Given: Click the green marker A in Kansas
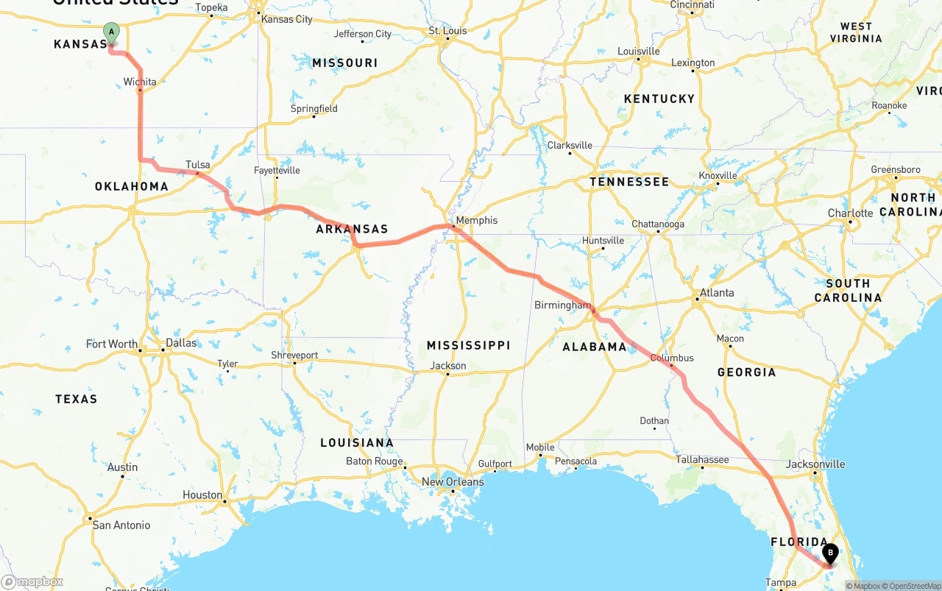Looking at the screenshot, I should pos(111,32).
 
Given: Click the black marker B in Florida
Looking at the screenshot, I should pos(830,553).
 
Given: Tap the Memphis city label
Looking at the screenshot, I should pos(476,220).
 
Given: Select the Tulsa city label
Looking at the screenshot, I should pos(197,165).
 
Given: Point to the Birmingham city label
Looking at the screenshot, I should pos(562,305).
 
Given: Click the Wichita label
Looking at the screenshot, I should pos(140,82).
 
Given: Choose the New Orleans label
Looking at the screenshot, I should pos(453,482).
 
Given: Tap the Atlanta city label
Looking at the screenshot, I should pos(716,292).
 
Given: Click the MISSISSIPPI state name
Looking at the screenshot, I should pos(468,345).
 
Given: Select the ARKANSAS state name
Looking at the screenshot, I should pos(352,229).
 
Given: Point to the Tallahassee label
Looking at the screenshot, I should pos(702,459).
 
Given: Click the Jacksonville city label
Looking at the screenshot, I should pos(815,464).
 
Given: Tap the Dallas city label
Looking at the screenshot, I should pos(181,342).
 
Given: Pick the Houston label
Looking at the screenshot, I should pos(202,495).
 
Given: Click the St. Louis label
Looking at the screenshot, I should pos(447,31).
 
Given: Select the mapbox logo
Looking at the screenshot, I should pos(32,581).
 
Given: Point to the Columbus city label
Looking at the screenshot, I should pos(671,358).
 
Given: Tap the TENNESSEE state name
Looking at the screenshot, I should pos(629,182).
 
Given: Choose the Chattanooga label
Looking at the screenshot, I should pos(657,224).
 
